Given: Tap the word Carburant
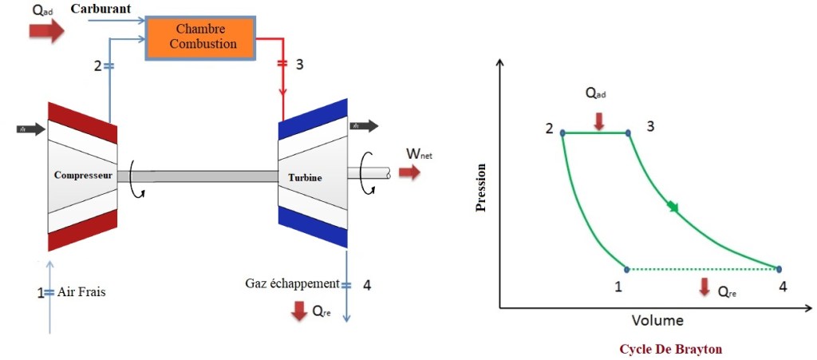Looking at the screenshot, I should pyautogui.click(x=101, y=9).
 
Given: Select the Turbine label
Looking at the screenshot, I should pyautogui.click(x=305, y=177).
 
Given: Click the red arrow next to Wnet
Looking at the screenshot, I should pyautogui.click(x=409, y=172).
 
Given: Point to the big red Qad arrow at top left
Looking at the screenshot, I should pyautogui.click(x=45, y=31).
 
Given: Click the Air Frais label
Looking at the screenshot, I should pyautogui.click(x=81, y=292).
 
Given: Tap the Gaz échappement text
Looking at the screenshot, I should pyautogui.click(x=293, y=284).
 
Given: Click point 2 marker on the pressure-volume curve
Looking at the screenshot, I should pyautogui.click(x=562, y=133).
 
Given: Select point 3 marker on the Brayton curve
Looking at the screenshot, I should pyautogui.click(x=629, y=133).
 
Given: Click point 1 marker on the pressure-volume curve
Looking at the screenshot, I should pyautogui.click(x=627, y=269).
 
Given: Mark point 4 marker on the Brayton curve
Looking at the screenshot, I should pyautogui.click(x=779, y=269).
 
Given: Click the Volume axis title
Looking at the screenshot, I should pyautogui.click(x=657, y=320).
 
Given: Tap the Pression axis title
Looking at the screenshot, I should pyautogui.click(x=480, y=188).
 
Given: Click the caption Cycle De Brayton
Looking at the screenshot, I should pyautogui.click(x=670, y=349).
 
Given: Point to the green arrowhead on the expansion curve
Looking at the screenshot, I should pyautogui.click(x=673, y=208).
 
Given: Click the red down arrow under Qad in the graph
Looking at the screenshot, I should pyautogui.click(x=600, y=120).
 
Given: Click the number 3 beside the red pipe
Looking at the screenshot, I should pyautogui.click(x=299, y=65).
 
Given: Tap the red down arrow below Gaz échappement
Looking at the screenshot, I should pyautogui.click(x=299, y=311).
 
